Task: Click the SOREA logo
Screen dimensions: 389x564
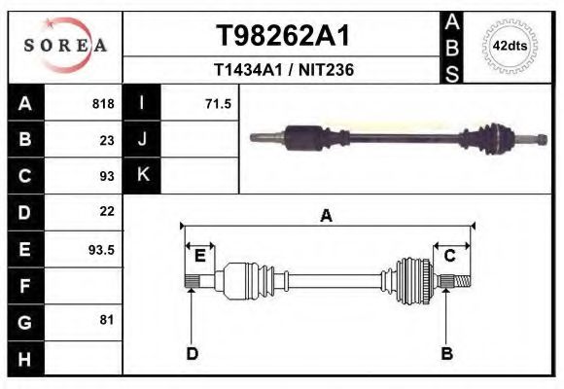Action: coord(66,46)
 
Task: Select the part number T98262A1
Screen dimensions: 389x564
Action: coord(282,36)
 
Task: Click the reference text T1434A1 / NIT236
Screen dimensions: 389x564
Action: coord(283,70)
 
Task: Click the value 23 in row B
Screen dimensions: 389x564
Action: coord(107,140)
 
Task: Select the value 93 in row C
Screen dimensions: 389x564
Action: coord(107,176)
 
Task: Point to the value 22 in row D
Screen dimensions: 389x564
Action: coord(107,211)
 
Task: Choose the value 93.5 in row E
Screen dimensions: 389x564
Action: coord(102,249)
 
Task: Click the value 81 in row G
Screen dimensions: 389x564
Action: coord(107,320)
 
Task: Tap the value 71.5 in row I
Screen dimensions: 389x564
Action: coord(218,103)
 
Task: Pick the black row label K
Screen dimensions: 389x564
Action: coord(143,175)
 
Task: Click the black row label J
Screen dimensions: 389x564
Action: coord(143,139)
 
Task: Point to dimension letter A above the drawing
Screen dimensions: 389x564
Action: coord(326,216)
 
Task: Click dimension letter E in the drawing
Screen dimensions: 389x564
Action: coord(199,256)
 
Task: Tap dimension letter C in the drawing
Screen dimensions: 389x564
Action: coord(450,256)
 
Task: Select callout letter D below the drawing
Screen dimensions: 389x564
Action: coord(192,353)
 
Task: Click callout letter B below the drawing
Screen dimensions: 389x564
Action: coord(447,353)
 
